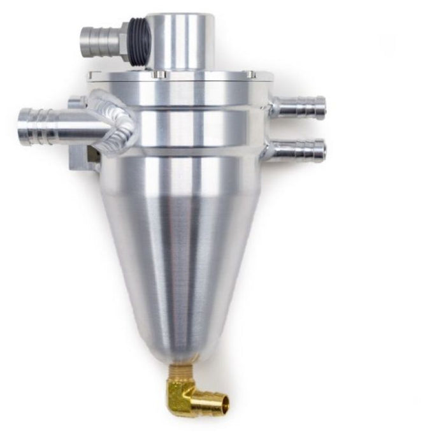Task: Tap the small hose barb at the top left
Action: pyautogui.click(x=99, y=41)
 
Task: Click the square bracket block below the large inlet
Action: pyautogui.click(x=83, y=156)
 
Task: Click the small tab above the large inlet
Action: pyautogui.click(x=77, y=102)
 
